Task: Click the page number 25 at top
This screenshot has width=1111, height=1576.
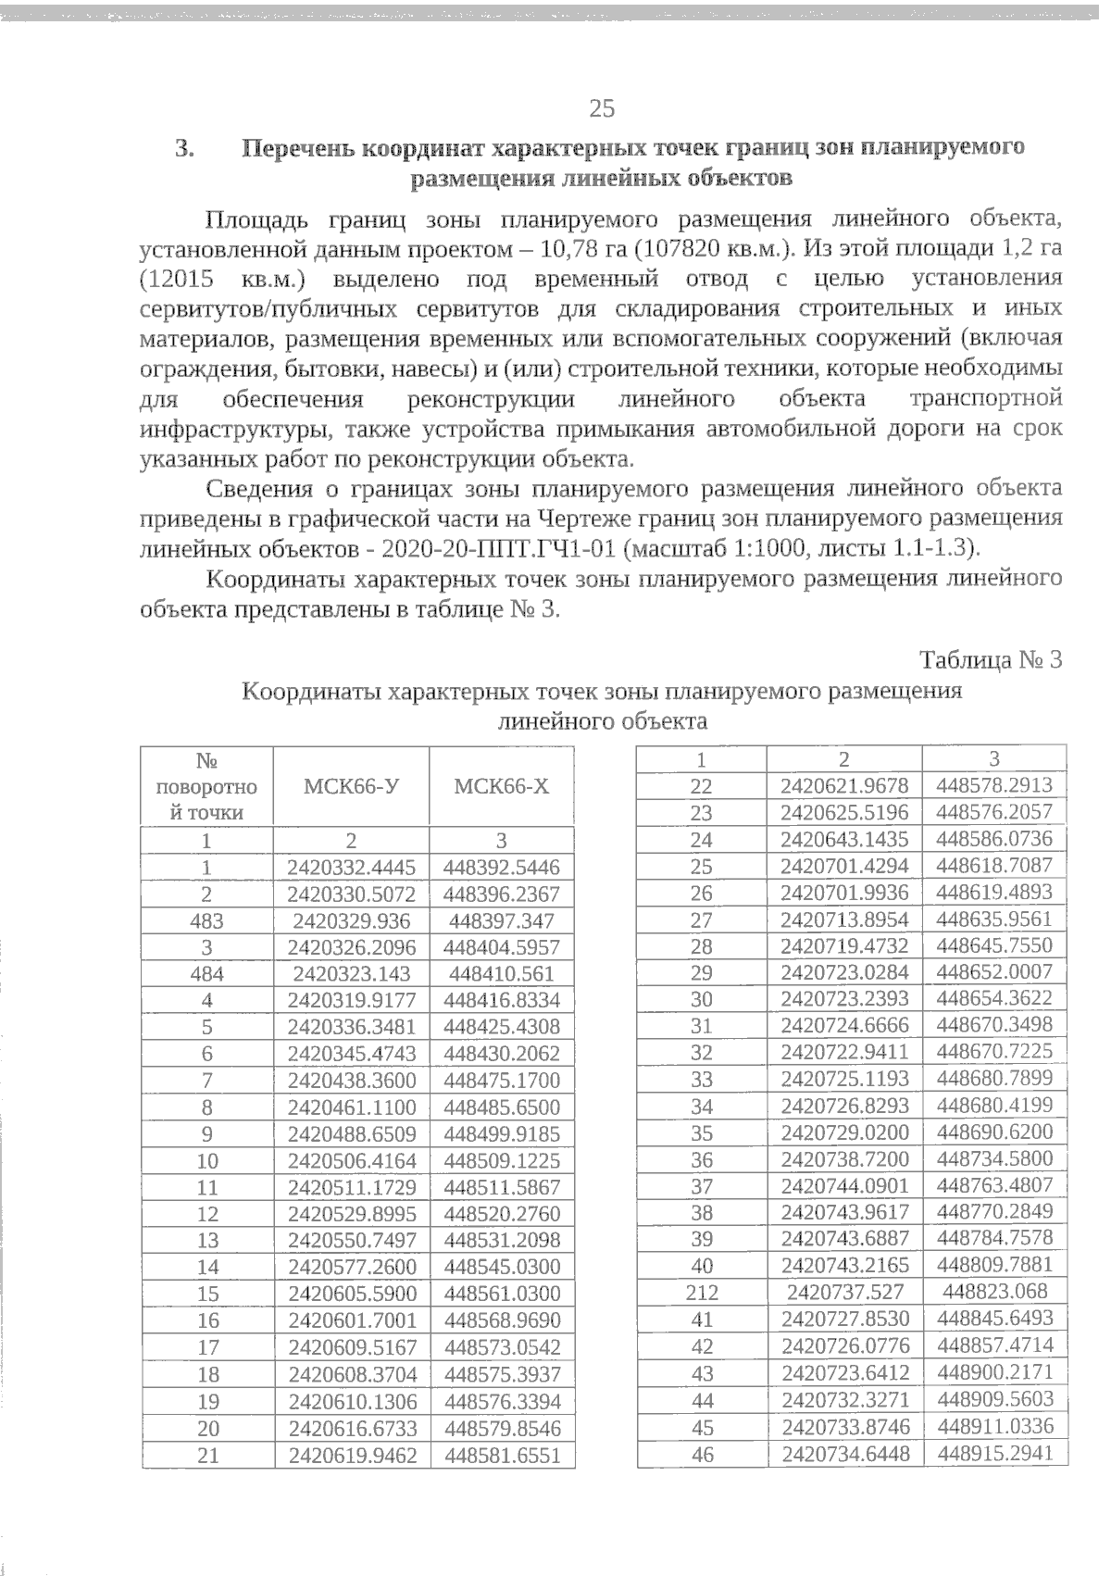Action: coord(602,108)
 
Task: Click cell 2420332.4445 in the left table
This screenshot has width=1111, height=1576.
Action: coord(351,868)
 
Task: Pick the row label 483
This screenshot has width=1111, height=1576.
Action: coord(207,921)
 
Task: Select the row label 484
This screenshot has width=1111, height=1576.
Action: coord(207,974)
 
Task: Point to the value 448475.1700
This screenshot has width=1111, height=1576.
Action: coord(501,1081)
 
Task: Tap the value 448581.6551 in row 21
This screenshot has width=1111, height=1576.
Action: coord(501,1455)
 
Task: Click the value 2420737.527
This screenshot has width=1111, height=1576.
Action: coord(844,1292)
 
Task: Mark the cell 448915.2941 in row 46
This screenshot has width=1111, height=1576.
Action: coord(994,1453)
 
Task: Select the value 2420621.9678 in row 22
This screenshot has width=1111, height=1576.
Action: coord(844,786)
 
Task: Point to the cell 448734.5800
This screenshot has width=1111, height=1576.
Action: coord(994,1158)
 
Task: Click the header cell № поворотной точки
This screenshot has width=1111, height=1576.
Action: coord(207,786)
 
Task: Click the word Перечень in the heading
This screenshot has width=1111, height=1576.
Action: coord(299,148)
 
